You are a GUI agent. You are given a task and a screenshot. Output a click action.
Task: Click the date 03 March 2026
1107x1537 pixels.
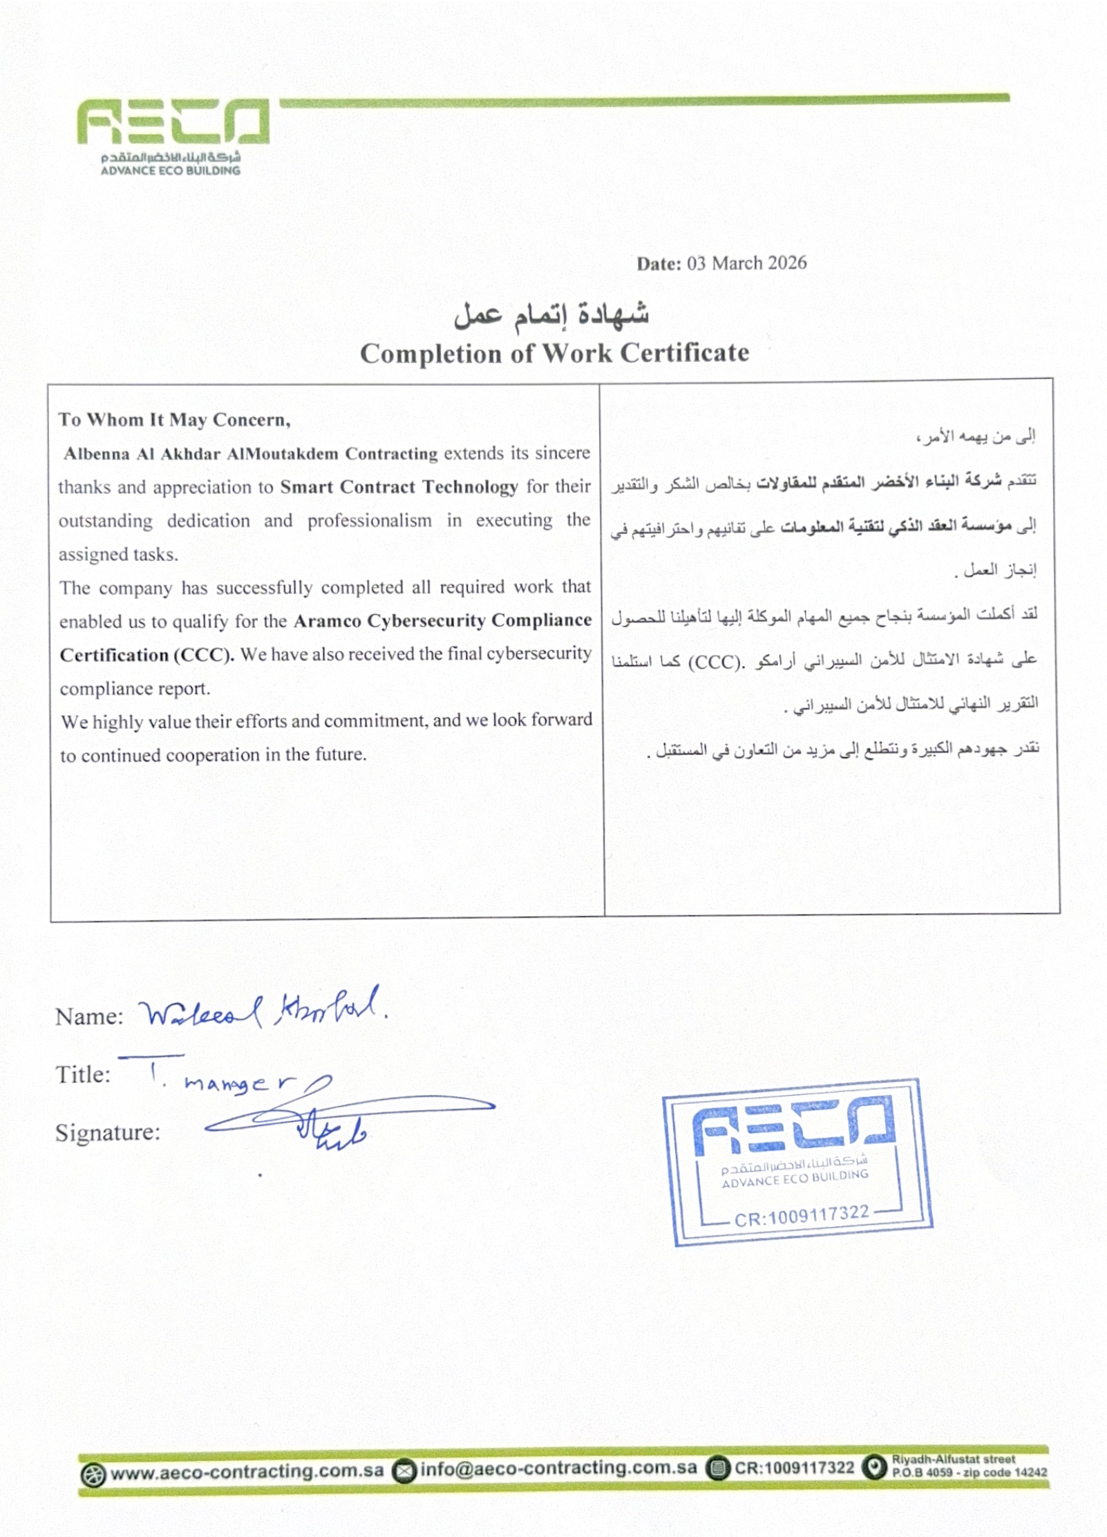click(x=746, y=263)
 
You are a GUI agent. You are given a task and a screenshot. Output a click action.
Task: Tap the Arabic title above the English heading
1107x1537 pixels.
click(x=551, y=315)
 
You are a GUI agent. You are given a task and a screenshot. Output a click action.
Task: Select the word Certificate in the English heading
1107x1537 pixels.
click(x=684, y=354)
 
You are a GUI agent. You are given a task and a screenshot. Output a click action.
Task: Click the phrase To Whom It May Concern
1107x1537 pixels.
click(x=174, y=420)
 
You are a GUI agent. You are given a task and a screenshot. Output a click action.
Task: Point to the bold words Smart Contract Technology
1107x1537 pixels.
click(x=399, y=487)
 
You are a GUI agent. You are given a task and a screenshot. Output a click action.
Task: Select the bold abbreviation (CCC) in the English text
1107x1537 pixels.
click(x=203, y=655)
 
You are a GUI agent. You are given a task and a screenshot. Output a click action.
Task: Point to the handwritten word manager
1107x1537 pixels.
click(x=238, y=1083)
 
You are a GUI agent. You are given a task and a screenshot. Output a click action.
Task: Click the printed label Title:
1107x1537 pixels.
click(x=83, y=1075)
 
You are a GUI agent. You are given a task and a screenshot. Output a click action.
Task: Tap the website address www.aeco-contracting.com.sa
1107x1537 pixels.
click(x=247, y=1471)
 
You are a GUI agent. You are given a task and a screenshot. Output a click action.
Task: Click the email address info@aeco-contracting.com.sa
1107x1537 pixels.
click(x=558, y=1468)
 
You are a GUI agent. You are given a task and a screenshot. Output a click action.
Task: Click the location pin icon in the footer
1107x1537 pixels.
click(x=876, y=1467)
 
